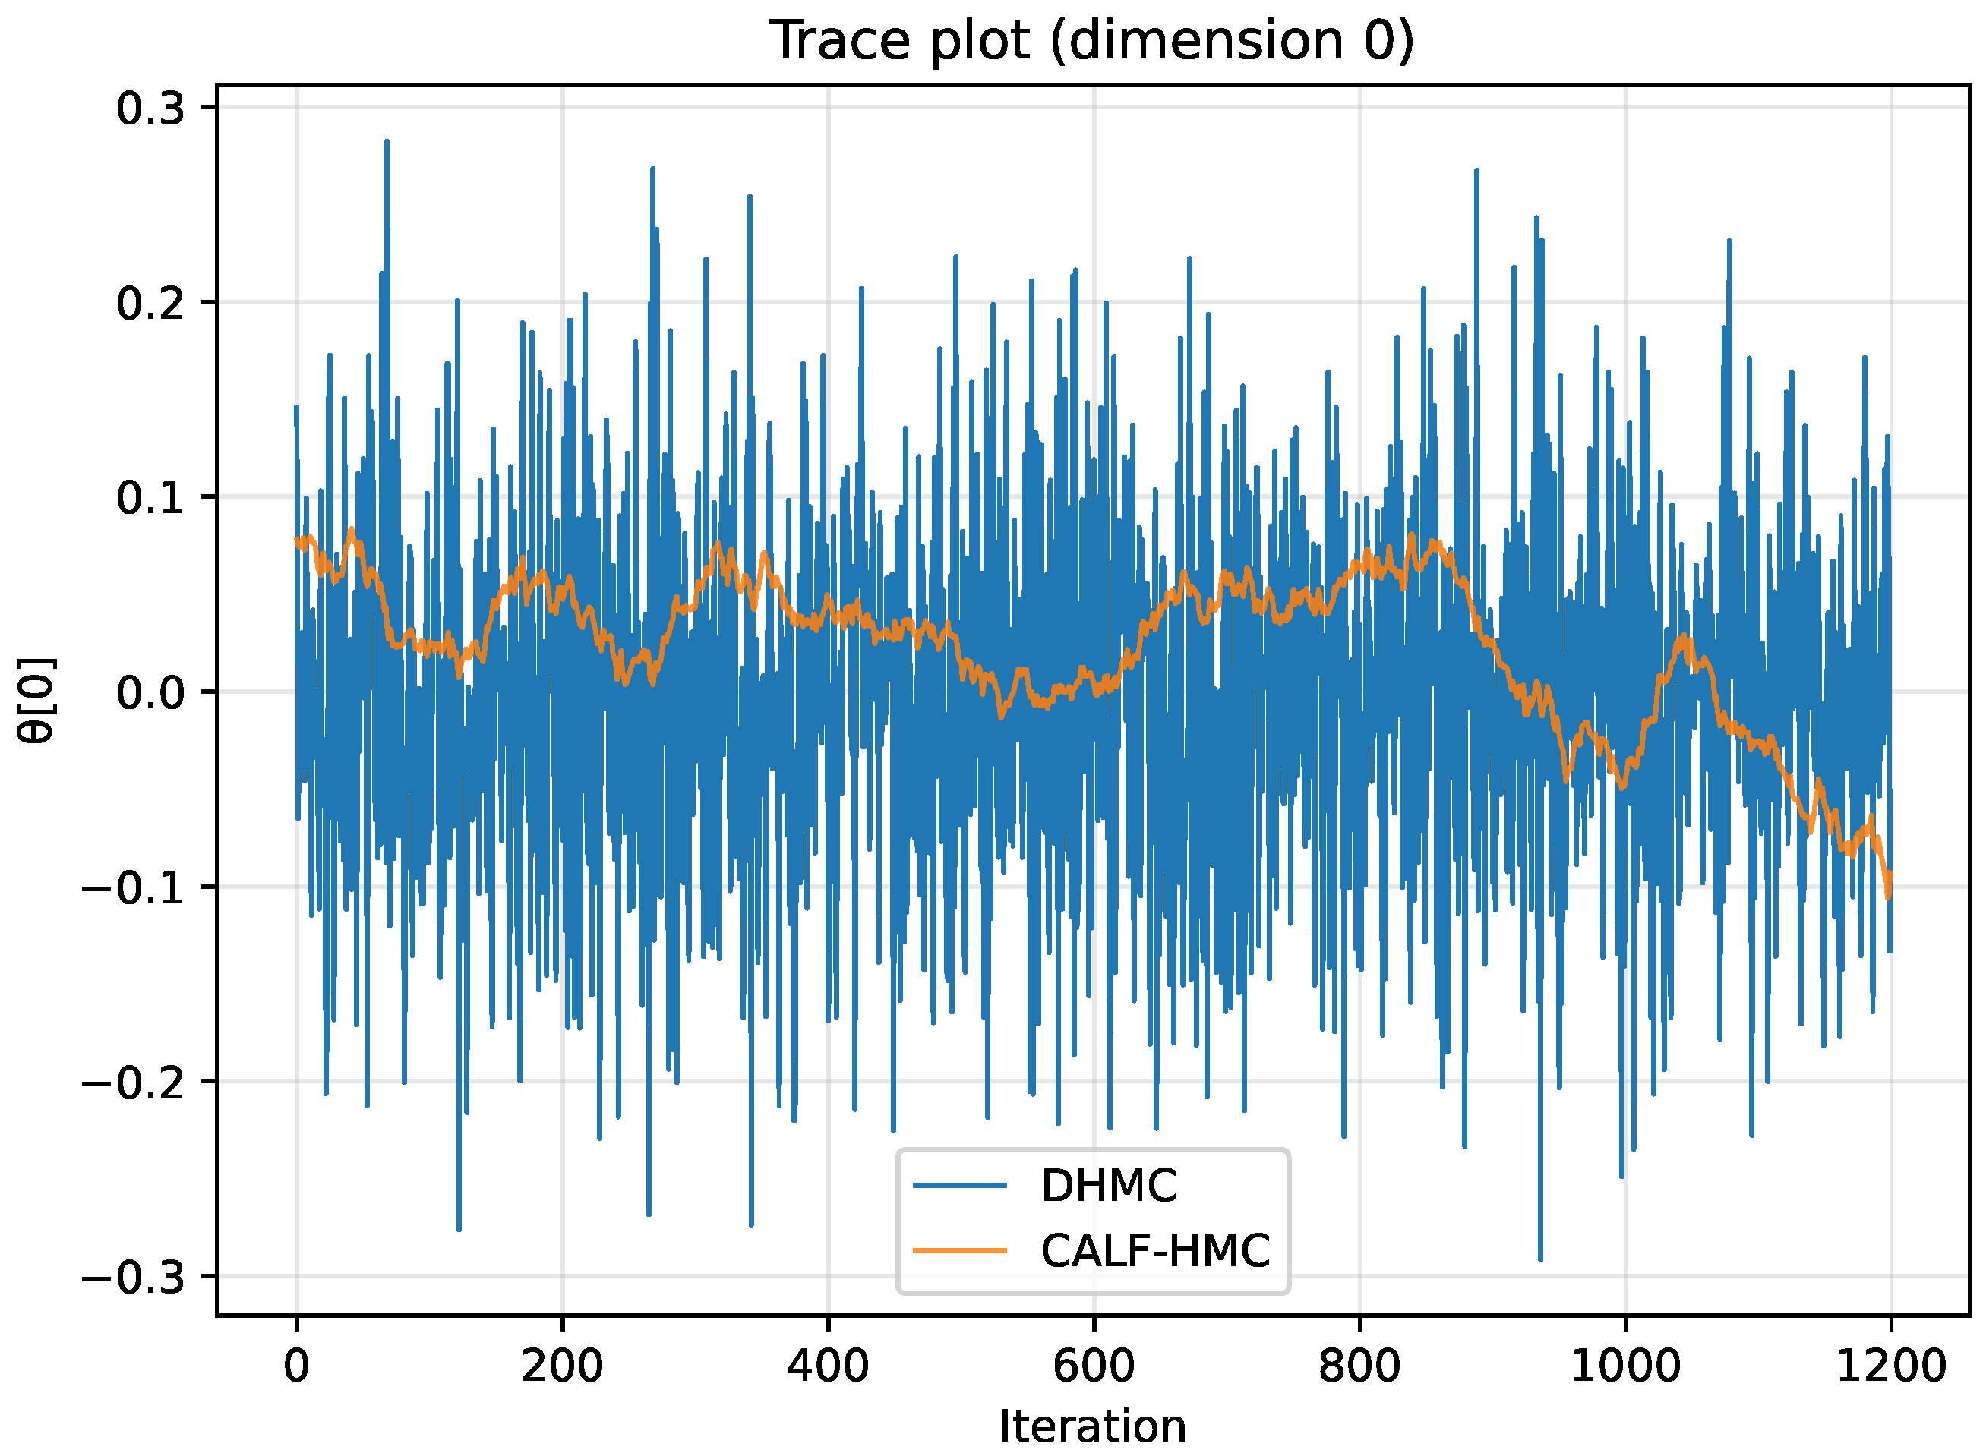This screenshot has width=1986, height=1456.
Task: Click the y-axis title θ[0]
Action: coord(38,701)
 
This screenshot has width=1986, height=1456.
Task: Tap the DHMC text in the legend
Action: coord(1108,1187)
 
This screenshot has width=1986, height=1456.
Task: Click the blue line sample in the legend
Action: coord(960,1187)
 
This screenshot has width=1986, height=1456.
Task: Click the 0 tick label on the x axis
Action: coord(297,1366)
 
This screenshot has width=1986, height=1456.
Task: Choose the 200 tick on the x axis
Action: coord(563,1366)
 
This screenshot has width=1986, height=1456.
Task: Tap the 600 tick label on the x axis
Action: coord(1094,1366)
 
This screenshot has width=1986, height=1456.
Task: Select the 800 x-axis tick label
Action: coord(1359,1366)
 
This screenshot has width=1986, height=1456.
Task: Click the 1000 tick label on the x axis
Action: coord(1625,1366)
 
